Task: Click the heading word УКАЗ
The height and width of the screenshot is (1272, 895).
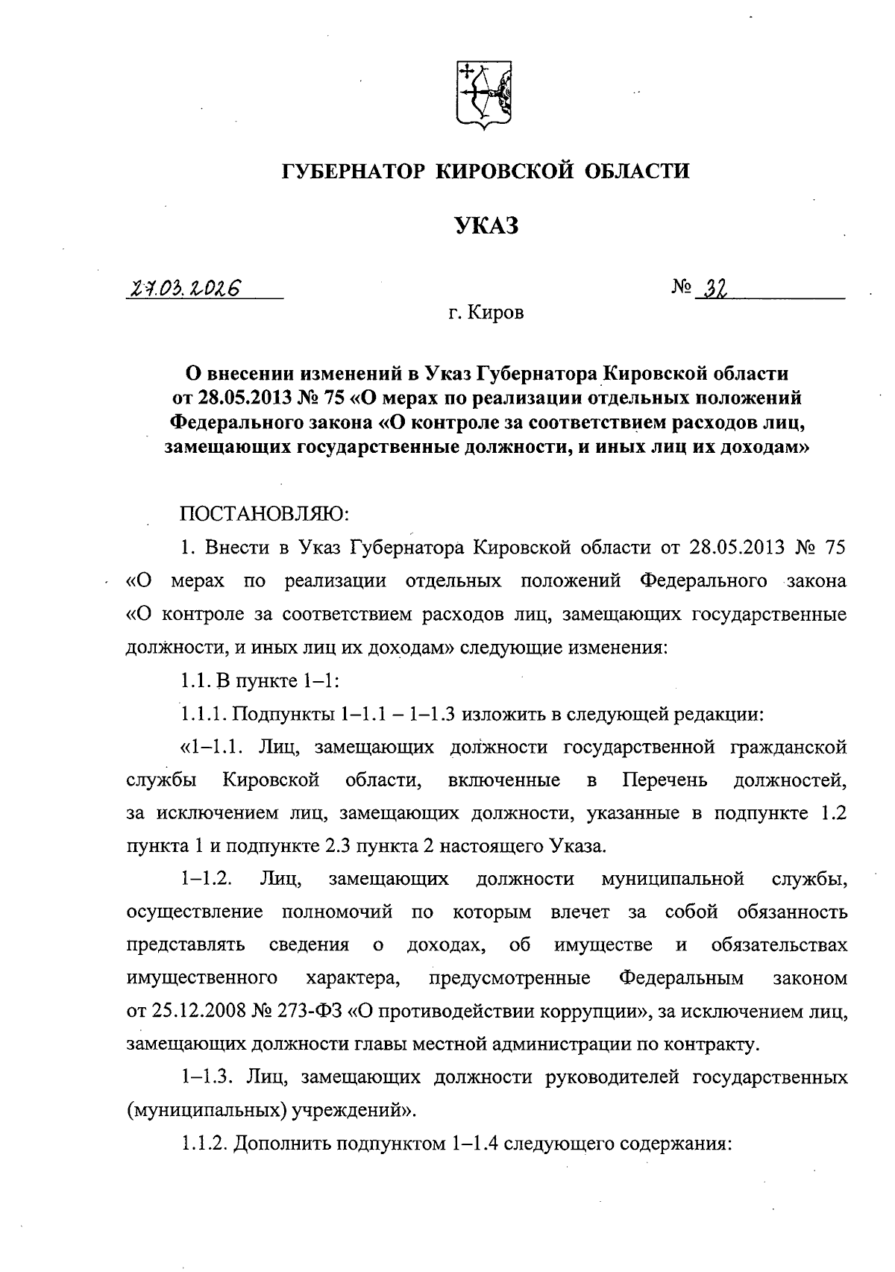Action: pos(486,226)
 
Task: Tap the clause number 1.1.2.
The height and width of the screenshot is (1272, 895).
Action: pos(204,1144)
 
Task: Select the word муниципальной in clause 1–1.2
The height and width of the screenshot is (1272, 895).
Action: pos(672,878)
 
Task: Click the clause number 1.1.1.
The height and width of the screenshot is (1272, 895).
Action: pos(204,714)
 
